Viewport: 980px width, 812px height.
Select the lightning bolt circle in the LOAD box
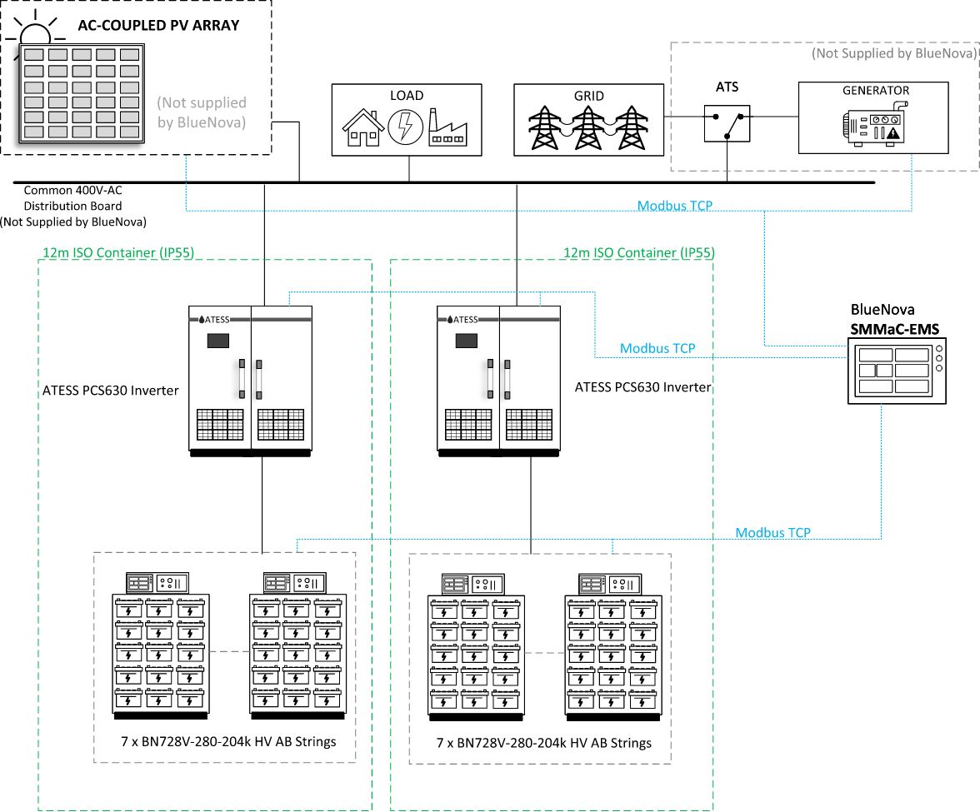tap(406, 127)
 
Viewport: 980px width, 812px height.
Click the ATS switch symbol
tap(727, 123)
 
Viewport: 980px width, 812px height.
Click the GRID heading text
tap(589, 96)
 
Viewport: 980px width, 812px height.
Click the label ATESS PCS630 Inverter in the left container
tap(111, 390)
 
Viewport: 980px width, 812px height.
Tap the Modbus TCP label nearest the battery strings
tap(772, 532)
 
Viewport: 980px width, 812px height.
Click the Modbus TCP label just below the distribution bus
tap(675, 205)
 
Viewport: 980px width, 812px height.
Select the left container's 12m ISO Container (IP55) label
tap(117, 252)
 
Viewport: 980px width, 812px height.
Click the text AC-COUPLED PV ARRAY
tap(158, 25)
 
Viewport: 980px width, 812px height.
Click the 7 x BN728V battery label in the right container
tap(543, 743)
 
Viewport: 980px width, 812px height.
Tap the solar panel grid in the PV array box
tap(81, 92)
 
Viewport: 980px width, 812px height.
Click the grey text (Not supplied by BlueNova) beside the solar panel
tap(202, 111)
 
